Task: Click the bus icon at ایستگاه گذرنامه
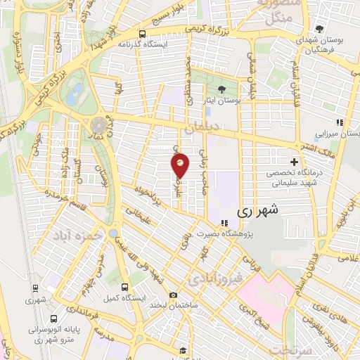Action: coord(142,32)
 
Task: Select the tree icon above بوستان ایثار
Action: coord(222,89)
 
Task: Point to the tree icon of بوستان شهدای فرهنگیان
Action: coord(319,29)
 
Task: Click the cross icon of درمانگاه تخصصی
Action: coord(294,162)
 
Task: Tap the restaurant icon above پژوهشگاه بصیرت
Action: coord(224,224)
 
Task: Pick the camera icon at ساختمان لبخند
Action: coord(173,296)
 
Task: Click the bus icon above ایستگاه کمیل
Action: coord(124,287)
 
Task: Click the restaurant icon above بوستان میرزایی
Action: coord(339,122)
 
